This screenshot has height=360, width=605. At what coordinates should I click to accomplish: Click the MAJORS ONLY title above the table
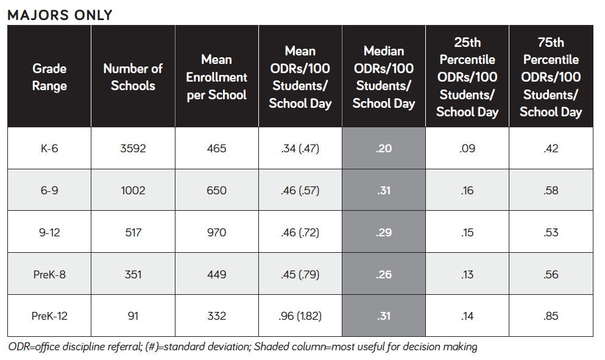tap(60, 15)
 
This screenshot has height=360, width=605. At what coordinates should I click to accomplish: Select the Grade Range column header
tap(49, 77)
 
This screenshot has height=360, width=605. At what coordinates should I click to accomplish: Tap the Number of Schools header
tap(133, 77)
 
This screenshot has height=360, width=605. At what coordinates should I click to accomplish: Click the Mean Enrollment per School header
tap(216, 77)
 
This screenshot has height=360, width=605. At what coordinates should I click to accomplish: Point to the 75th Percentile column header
tap(551, 77)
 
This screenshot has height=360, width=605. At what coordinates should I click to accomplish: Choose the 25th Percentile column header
tap(467, 77)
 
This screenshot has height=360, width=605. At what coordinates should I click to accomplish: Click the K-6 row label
tap(49, 148)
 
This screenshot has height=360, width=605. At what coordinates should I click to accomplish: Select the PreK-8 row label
tap(49, 274)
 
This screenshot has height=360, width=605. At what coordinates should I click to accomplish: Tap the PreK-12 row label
tap(49, 316)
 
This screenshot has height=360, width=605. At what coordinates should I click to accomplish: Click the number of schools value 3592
tap(133, 148)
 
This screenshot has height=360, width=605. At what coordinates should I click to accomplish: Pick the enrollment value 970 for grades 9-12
tap(216, 232)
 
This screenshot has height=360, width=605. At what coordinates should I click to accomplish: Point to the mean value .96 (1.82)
tap(300, 316)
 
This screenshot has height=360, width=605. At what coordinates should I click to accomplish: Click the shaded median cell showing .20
tap(384, 148)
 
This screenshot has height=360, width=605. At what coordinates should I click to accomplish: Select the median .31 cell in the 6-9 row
tap(384, 190)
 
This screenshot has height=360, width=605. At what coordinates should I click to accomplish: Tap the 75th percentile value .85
tap(551, 316)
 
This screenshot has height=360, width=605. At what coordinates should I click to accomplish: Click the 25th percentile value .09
tap(467, 148)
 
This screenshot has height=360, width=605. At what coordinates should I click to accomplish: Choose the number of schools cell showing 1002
tap(133, 190)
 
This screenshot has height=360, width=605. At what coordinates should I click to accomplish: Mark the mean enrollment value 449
tap(216, 274)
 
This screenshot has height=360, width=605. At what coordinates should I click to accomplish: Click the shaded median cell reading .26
tap(384, 274)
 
